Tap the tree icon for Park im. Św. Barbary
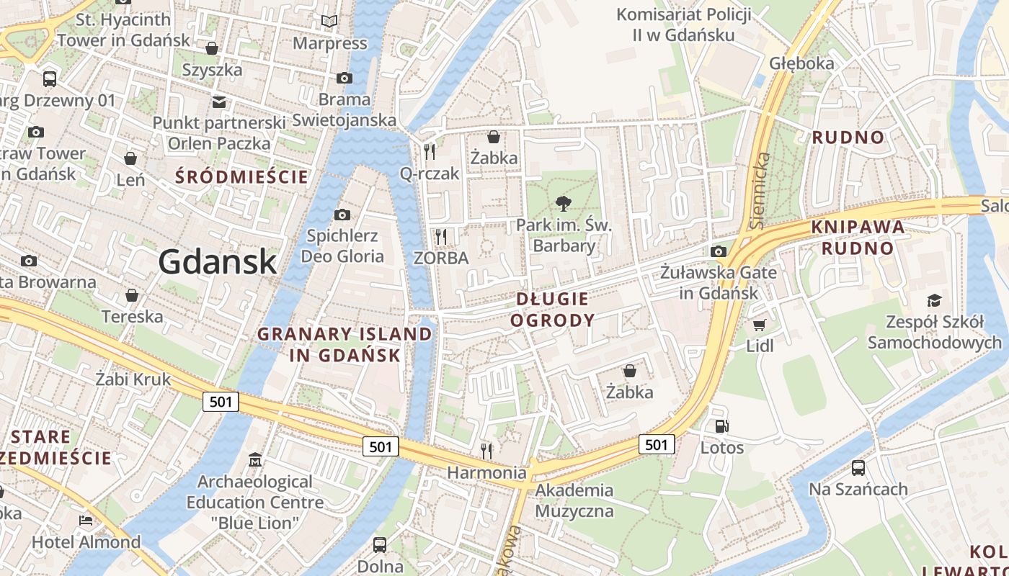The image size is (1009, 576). click(x=564, y=204)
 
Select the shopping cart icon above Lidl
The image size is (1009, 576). click(x=760, y=325)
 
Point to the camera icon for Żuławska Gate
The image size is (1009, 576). click(x=718, y=251)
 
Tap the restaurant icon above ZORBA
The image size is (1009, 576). click(x=441, y=236)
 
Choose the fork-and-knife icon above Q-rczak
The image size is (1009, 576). click(x=430, y=151)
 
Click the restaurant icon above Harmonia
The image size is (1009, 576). click(x=487, y=451)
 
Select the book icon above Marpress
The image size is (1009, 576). click(x=329, y=22)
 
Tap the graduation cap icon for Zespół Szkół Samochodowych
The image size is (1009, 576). click(x=934, y=300)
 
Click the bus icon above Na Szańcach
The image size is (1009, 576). click(x=858, y=468)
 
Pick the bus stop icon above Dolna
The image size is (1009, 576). click(x=380, y=544)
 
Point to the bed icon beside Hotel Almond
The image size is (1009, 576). click(x=86, y=521)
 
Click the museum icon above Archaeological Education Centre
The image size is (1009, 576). click(x=254, y=459)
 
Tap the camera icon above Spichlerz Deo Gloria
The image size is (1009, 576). click(x=342, y=215)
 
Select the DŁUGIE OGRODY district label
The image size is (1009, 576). click(x=553, y=310)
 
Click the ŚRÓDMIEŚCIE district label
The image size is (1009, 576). click(x=241, y=177)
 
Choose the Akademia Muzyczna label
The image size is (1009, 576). click(x=574, y=501)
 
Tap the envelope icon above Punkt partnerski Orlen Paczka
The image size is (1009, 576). click(x=218, y=102)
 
